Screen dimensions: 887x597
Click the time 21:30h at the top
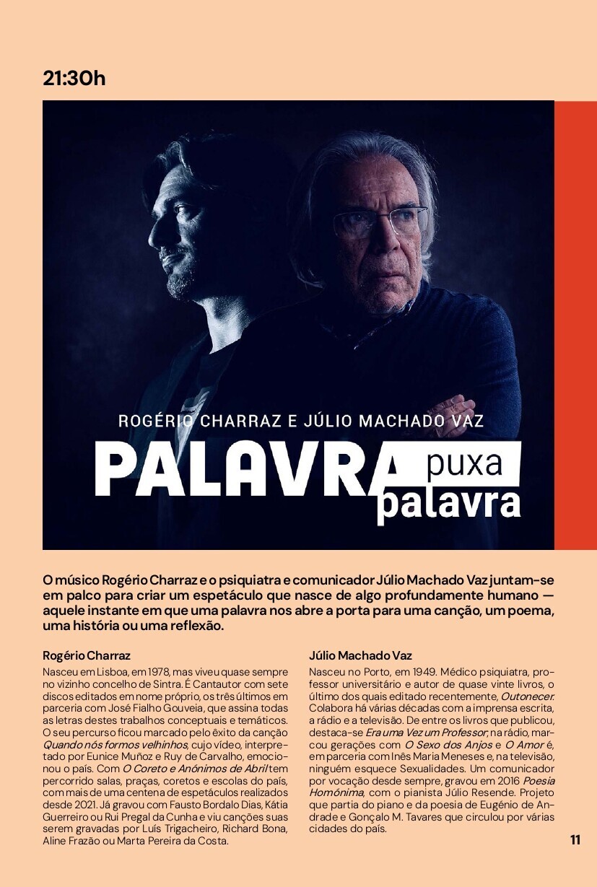(74, 78)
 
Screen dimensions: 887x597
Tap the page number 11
(575, 839)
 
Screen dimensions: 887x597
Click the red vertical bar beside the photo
(575, 325)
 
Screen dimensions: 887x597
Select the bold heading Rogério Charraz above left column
(87, 656)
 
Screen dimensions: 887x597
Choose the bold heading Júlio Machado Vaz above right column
(360, 656)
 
